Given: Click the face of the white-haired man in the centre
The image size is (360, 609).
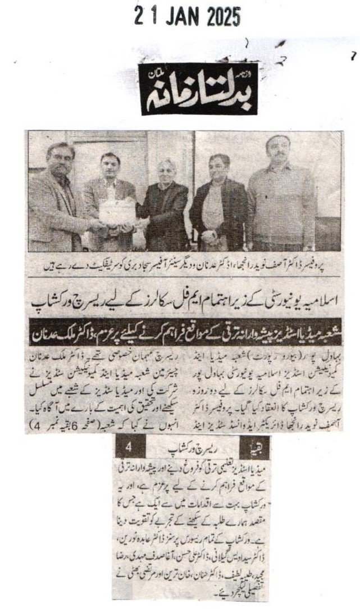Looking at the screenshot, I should (x=166, y=172).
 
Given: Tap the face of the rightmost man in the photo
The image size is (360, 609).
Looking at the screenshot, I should (x=278, y=149).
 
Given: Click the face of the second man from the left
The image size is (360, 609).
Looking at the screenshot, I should (x=110, y=166).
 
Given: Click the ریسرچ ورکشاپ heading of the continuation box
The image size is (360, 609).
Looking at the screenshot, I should (x=188, y=450).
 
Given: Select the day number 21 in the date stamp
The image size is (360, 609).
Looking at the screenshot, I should (x=144, y=17).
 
